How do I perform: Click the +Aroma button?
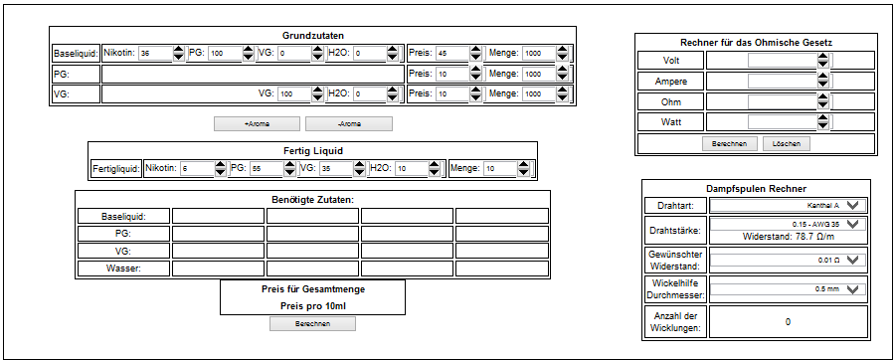coord(257,123)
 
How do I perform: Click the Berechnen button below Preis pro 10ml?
coord(313,324)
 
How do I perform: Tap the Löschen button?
coord(786,144)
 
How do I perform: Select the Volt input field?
coord(783,60)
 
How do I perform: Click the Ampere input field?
coord(783,81)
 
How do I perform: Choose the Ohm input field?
coord(783,101)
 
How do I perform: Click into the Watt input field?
coord(783,122)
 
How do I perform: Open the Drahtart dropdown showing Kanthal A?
coord(788,206)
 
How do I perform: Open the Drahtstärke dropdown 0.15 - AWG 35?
coord(788,224)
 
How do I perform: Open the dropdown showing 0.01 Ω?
coord(788,261)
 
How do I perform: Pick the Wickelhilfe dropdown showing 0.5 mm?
coord(788,289)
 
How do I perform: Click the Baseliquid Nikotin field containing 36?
coord(155,54)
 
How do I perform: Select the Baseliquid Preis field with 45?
coord(452,54)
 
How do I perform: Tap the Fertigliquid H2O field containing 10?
coord(412,169)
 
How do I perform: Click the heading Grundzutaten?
coord(313,36)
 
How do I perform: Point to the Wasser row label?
coord(124,269)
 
